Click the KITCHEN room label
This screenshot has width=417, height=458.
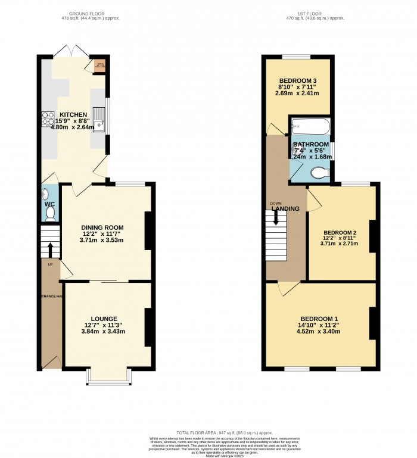pos(73,114)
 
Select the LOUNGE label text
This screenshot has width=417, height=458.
pos(104,319)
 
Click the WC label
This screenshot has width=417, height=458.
pos(50,204)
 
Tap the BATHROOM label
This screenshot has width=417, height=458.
pos(310,144)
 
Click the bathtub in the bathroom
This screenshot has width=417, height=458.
pos(310,127)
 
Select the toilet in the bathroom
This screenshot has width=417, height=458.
pos(319,173)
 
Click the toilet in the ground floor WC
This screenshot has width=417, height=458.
pos(50,213)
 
